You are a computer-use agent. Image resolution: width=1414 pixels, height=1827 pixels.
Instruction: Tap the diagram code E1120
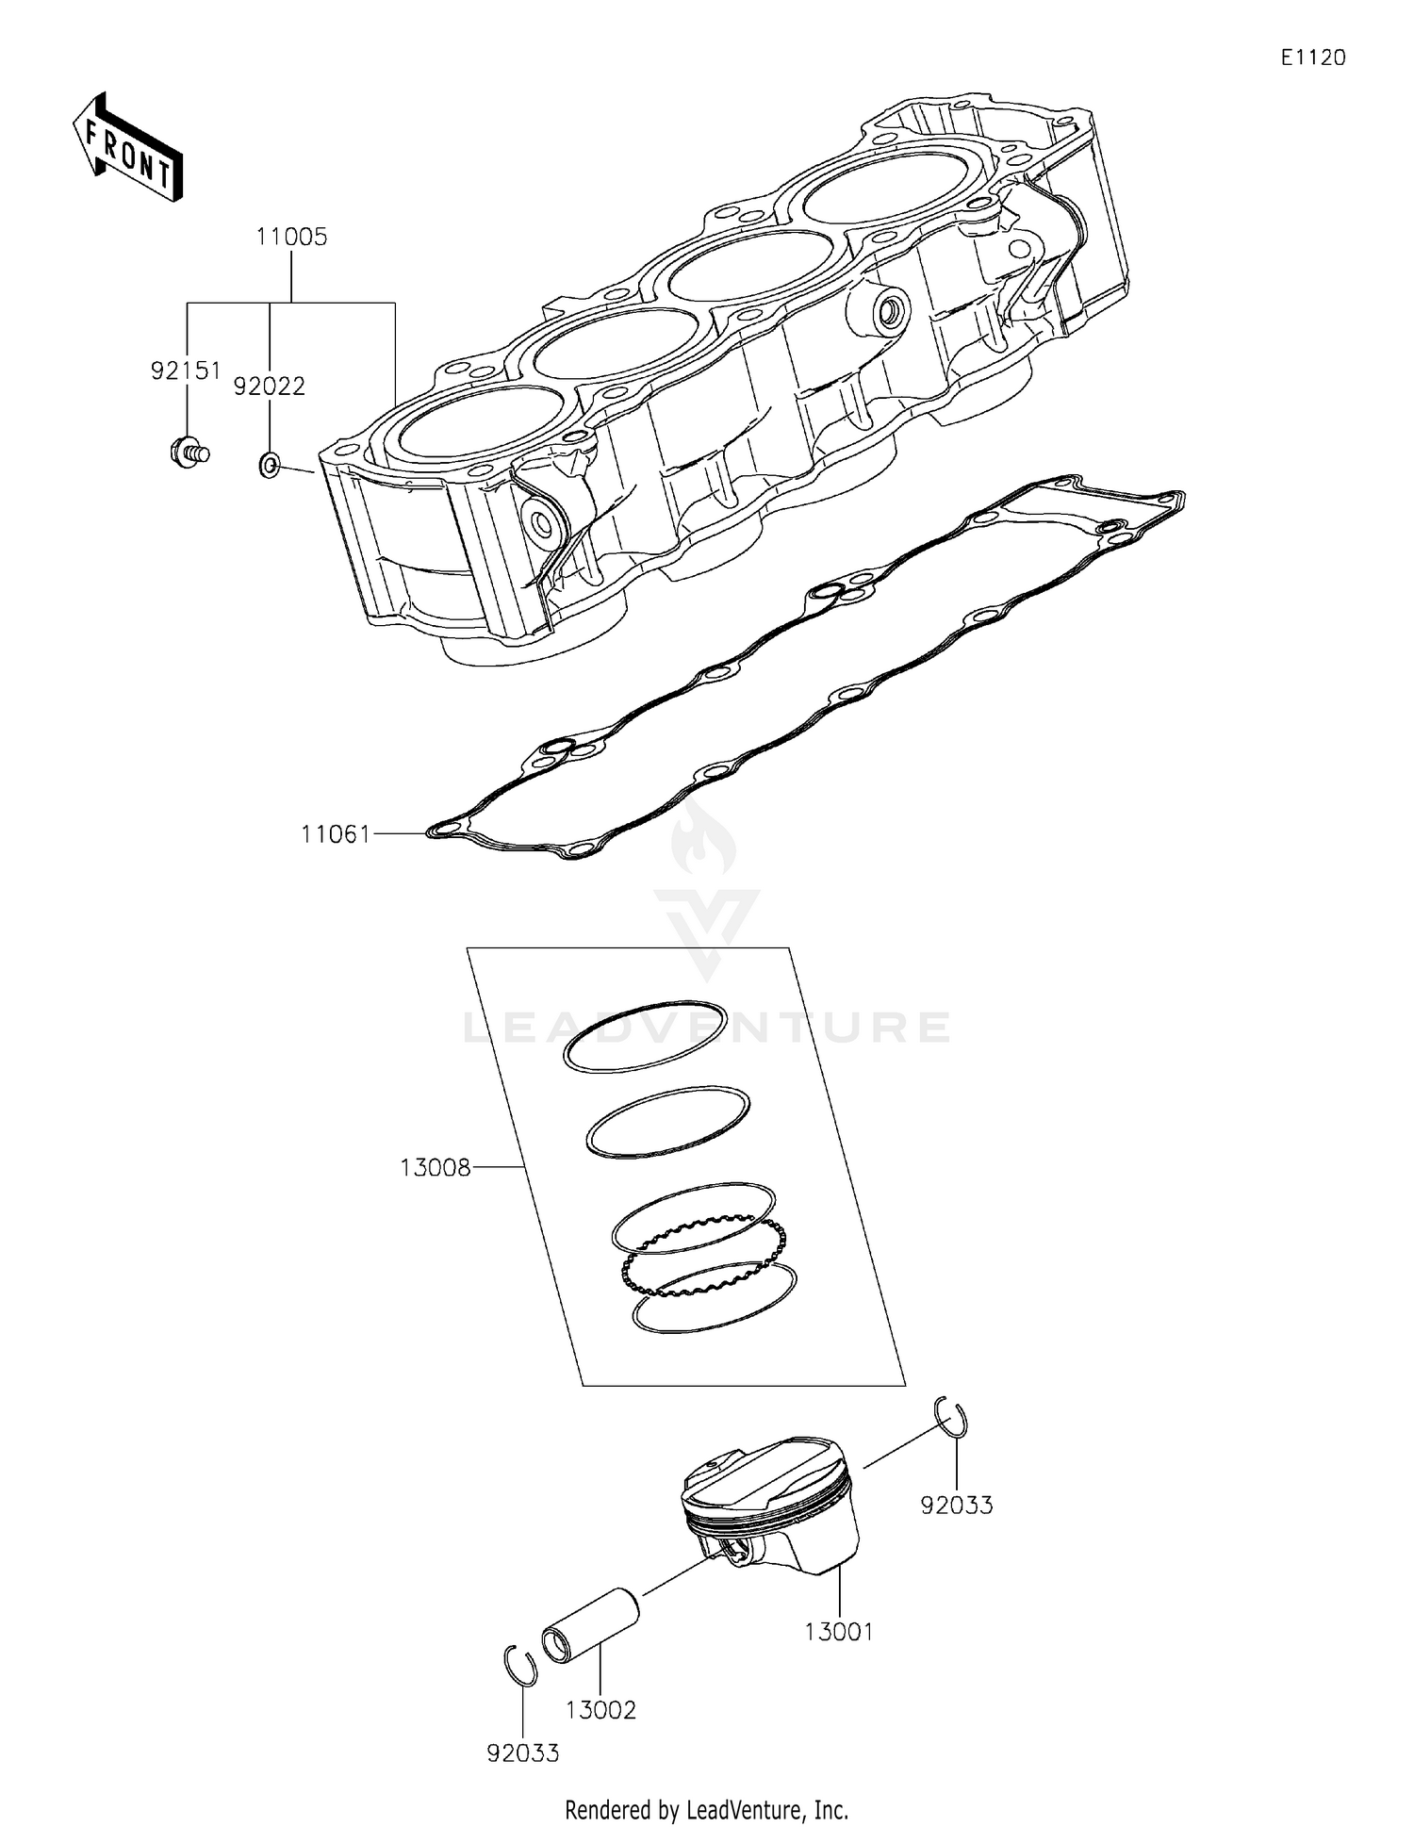(1312, 58)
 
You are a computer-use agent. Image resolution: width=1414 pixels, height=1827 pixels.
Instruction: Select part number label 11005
(291, 238)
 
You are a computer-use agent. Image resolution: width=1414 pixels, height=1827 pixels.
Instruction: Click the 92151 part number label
(186, 371)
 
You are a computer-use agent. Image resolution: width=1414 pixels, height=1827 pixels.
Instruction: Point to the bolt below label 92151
(188, 453)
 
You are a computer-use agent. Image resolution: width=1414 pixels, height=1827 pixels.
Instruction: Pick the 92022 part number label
(270, 387)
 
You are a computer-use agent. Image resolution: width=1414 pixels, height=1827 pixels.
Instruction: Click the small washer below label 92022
(269, 464)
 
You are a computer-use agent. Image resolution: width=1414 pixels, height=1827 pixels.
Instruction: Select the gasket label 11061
(336, 834)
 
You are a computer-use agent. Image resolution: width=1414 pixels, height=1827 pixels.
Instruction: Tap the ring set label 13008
(435, 1168)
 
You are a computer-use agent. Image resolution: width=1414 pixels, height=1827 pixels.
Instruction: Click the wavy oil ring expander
(703, 1257)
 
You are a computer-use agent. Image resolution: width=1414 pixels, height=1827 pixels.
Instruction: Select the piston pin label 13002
(600, 1710)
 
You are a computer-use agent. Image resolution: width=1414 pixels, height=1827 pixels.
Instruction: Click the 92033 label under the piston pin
(523, 1753)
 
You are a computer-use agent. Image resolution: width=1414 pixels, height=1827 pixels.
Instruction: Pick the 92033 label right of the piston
(957, 1506)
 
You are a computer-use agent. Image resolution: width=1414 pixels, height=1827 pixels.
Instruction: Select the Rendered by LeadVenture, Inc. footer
(706, 1810)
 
